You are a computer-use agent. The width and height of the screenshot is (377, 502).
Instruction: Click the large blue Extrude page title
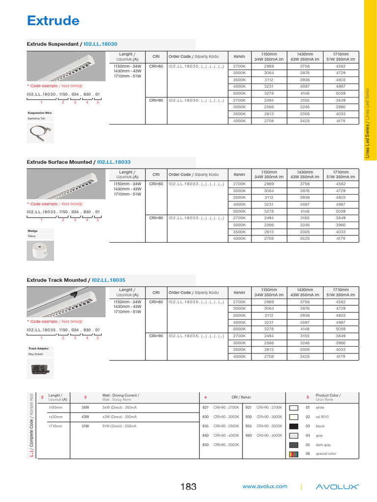53,21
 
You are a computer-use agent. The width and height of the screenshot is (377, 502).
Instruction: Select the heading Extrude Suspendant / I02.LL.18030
72,44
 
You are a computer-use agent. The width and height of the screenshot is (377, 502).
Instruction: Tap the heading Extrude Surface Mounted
79,162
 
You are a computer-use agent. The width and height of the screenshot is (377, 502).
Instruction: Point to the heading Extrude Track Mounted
76,280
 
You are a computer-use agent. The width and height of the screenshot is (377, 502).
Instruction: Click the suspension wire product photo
40,132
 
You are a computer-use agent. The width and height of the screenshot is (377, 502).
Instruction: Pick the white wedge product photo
40,251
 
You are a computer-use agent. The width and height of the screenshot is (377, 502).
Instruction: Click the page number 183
188,487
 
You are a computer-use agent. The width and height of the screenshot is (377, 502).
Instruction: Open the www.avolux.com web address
265,486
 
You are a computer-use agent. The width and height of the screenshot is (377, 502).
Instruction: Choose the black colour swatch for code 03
294,426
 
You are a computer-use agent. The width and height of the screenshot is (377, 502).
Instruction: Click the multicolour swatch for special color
294,454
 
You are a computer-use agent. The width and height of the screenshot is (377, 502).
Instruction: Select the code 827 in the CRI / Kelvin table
206,407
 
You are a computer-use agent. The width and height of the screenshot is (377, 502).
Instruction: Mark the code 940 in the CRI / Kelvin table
248,435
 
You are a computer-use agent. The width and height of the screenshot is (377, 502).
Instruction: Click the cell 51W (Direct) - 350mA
119,426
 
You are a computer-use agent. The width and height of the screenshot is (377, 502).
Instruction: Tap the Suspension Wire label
40,113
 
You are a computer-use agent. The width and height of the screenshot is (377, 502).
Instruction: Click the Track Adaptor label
38,349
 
